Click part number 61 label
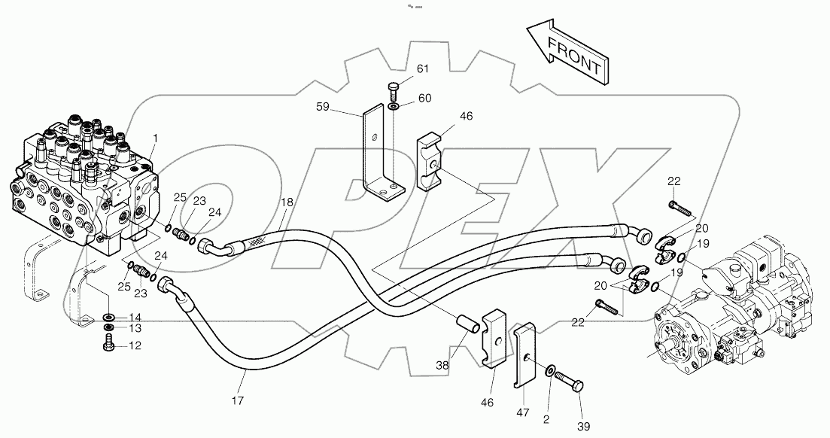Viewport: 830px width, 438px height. tap(422, 69)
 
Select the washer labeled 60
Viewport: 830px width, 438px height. tap(395, 106)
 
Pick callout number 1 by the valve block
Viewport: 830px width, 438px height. tap(156, 138)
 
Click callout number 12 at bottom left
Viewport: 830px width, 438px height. tap(134, 346)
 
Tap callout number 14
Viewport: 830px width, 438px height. tap(134, 316)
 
